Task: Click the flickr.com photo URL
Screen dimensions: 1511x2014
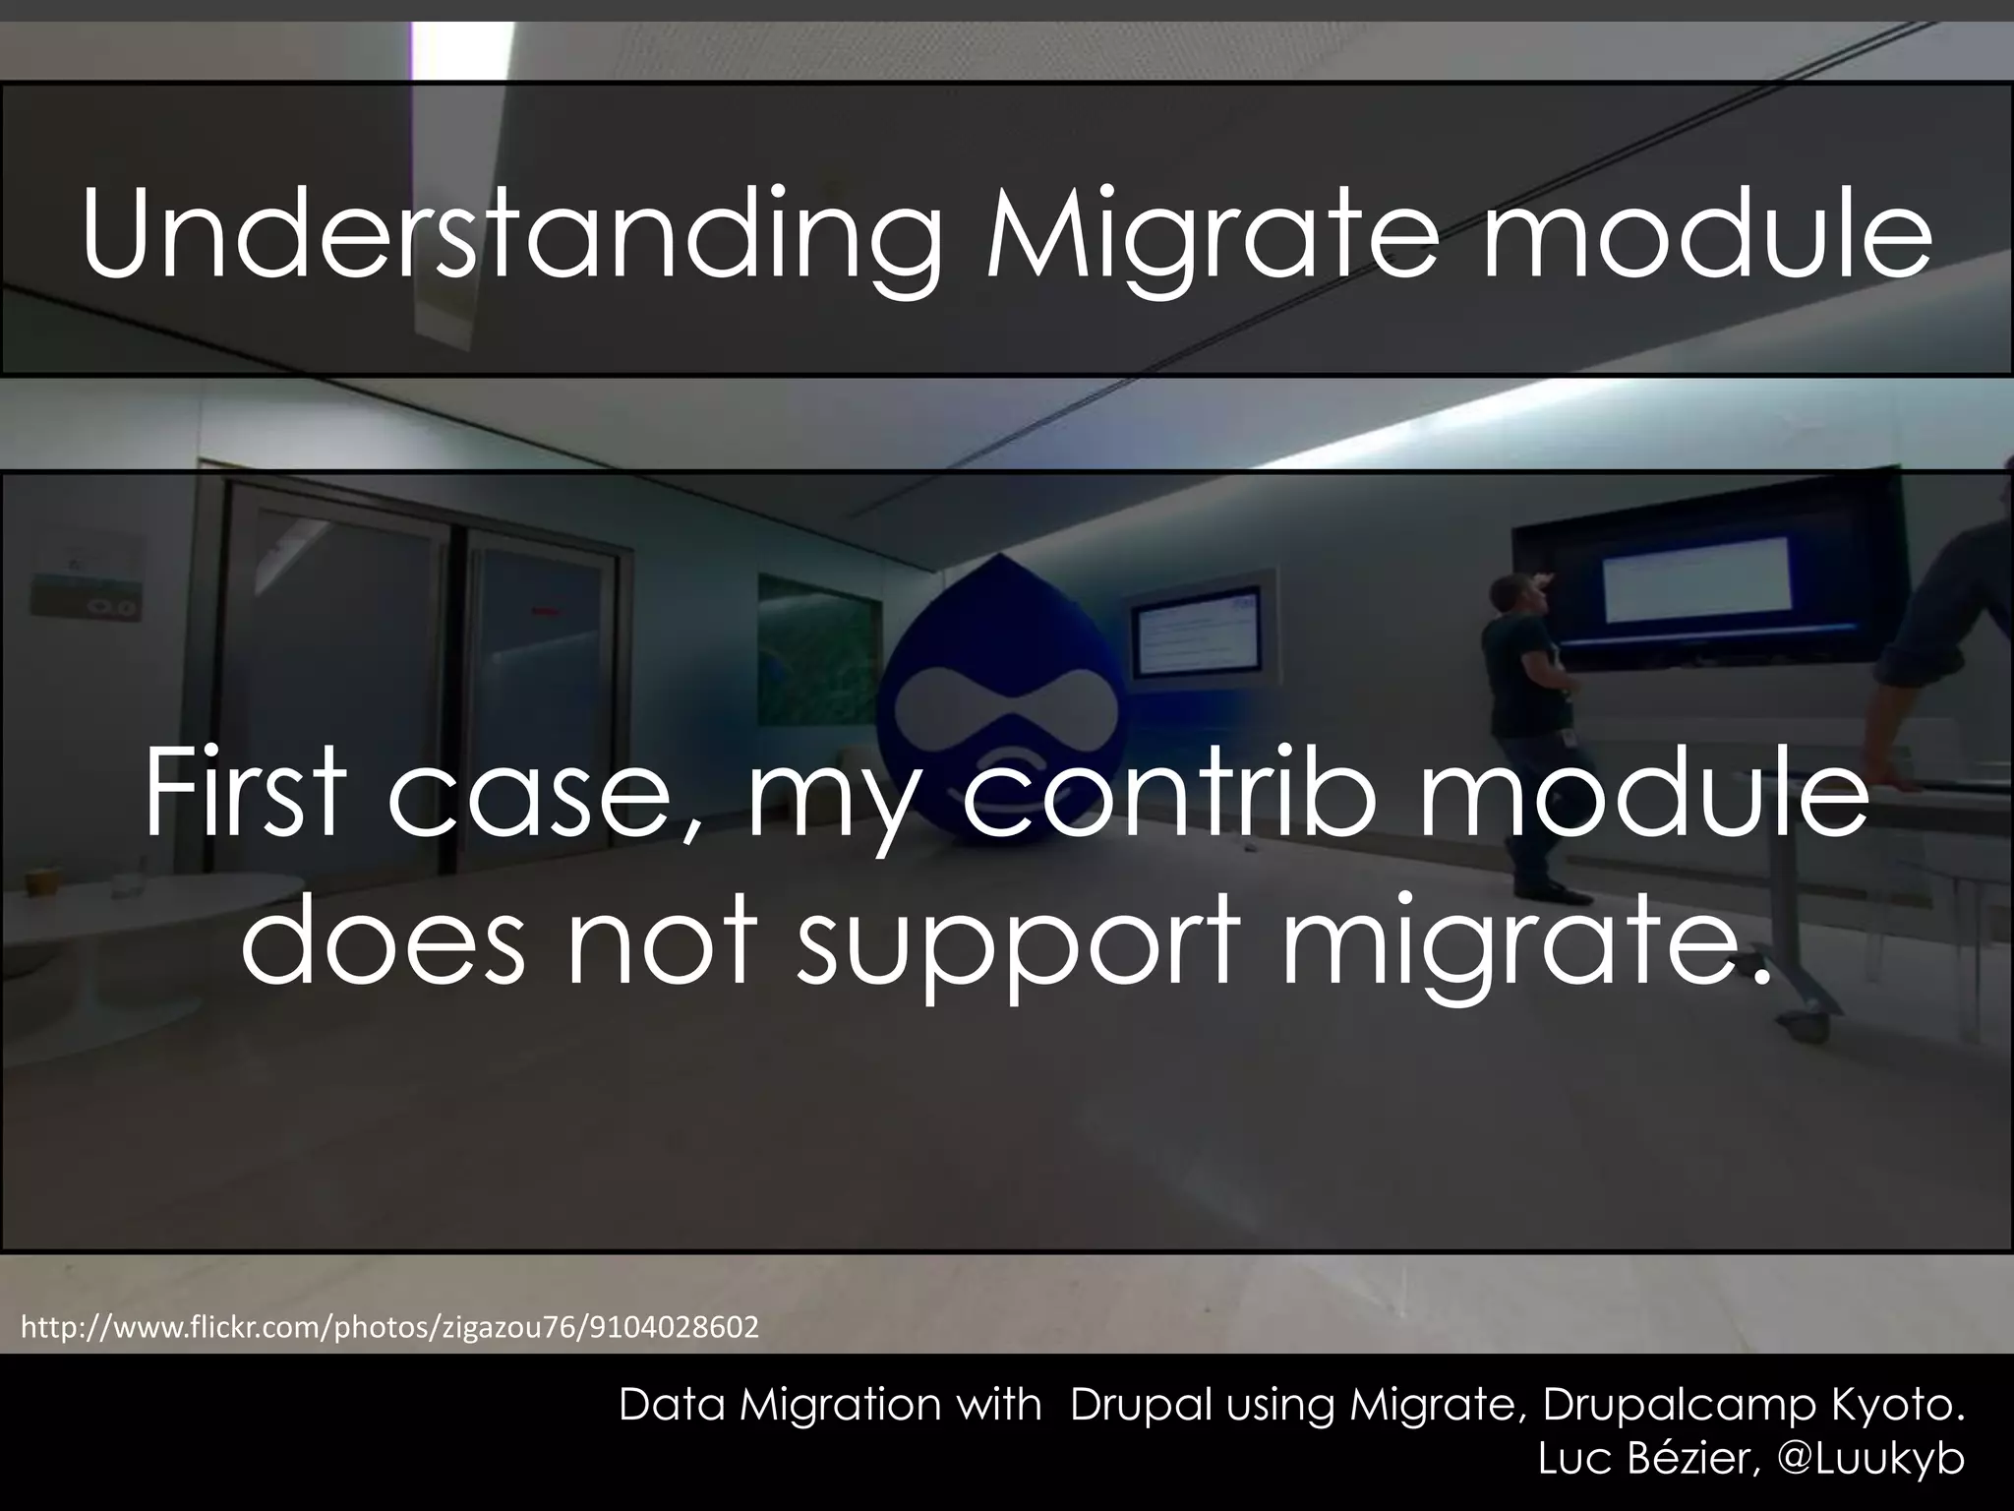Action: [x=389, y=1327]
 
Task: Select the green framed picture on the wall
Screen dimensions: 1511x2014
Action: [x=815, y=649]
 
